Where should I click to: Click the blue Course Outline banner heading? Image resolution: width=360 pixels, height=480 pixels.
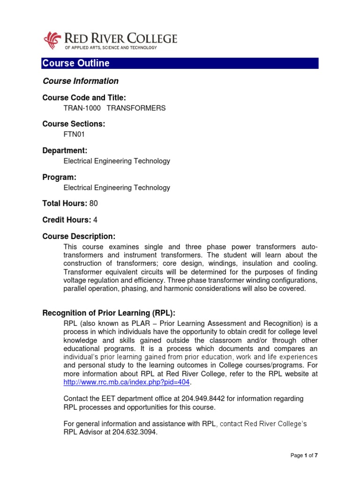click(x=76, y=63)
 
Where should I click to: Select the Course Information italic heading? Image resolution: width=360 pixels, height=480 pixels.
click(x=80, y=81)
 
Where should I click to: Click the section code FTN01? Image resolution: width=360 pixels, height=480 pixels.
click(x=74, y=135)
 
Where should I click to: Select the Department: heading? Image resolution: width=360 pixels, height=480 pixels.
click(x=65, y=150)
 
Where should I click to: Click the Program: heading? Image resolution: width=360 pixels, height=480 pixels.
click(x=59, y=177)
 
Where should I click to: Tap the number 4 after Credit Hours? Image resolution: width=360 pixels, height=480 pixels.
click(x=96, y=220)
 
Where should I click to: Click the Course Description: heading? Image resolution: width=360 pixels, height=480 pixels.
click(x=78, y=236)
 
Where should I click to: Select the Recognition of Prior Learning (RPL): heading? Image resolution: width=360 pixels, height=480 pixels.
click(x=109, y=313)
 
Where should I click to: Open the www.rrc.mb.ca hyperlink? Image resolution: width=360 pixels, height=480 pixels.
click(x=126, y=382)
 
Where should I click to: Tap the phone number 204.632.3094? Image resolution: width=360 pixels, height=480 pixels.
click(x=135, y=433)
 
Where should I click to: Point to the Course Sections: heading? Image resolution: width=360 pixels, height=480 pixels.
click(x=74, y=124)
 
